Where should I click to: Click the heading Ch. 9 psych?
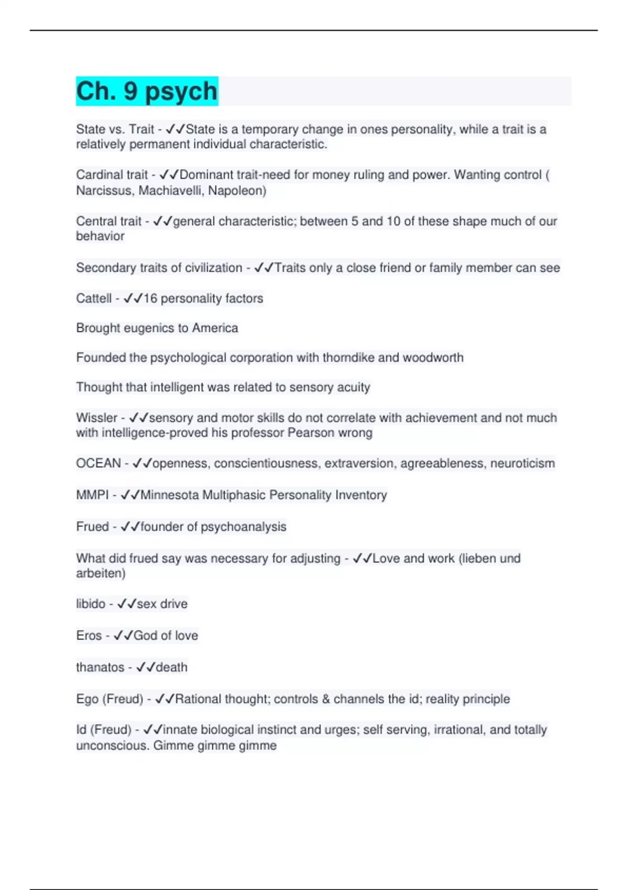(147, 91)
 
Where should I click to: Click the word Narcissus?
(105, 191)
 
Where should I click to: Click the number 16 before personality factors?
(150, 298)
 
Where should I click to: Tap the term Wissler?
(97, 418)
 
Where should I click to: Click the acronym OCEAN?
(98, 463)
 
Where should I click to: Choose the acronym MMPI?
(92, 495)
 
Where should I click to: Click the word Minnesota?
(170, 495)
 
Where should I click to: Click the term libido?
(91, 604)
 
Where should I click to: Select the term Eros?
(89, 636)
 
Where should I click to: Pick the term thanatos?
(100, 667)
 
